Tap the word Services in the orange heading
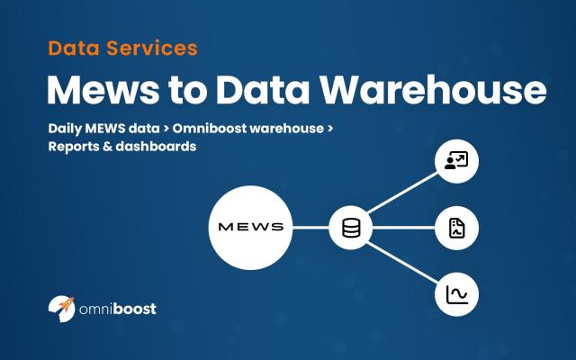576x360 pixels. point(150,47)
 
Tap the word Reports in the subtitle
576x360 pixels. point(78,146)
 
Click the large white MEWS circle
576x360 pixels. point(250,227)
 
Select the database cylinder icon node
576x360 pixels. point(350,228)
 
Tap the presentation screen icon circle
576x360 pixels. point(456,163)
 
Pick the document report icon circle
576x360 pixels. point(456,228)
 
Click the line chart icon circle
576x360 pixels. point(456,293)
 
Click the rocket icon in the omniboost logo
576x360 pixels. point(61,308)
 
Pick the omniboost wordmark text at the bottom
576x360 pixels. point(117,309)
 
